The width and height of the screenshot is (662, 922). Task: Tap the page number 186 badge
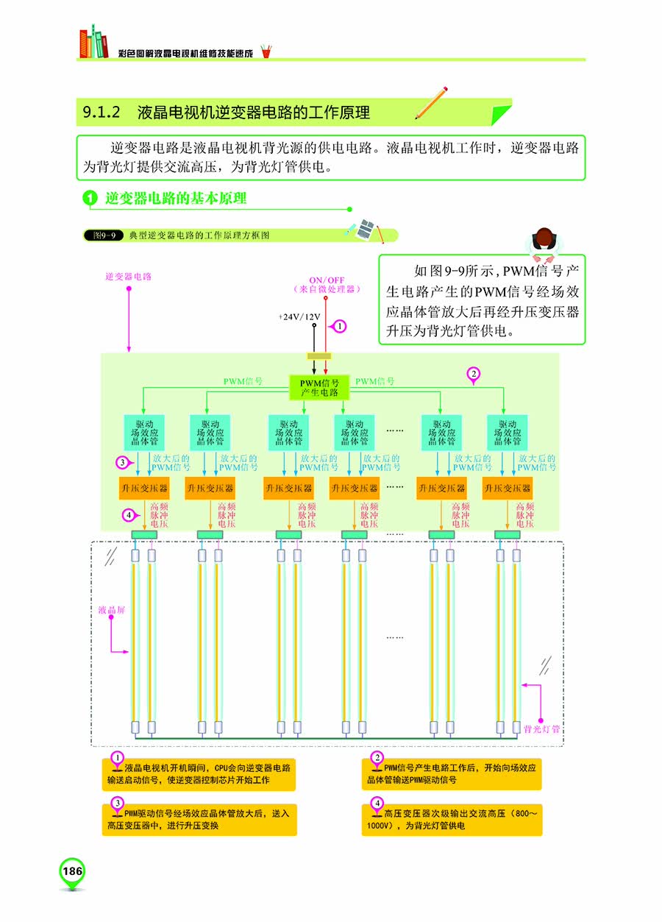[72, 872]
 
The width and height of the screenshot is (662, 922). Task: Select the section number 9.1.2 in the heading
[102, 113]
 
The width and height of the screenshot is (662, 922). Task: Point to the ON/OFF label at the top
[326, 280]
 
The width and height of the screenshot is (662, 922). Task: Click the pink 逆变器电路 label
[128, 277]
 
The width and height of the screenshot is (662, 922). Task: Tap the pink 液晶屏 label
[112, 610]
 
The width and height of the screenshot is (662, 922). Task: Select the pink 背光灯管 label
[541, 729]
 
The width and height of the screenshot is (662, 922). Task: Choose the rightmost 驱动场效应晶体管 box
[508, 433]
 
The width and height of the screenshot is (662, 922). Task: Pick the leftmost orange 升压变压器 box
[144, 488]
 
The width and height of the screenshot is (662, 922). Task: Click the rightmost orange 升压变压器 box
[508, 488]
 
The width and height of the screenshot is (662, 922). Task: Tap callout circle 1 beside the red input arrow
[340, 325]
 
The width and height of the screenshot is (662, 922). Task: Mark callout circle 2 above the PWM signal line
[474, 375]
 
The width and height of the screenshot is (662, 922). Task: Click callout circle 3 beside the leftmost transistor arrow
[123, 463]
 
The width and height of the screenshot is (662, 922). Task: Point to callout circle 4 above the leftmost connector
[129, 515]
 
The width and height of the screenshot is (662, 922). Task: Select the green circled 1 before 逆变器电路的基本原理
[90, 198]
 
